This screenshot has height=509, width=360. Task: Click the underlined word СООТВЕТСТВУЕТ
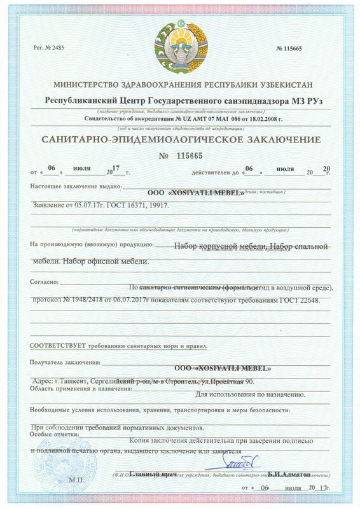(59, 346)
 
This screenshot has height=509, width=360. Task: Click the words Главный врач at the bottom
(152, 473)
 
